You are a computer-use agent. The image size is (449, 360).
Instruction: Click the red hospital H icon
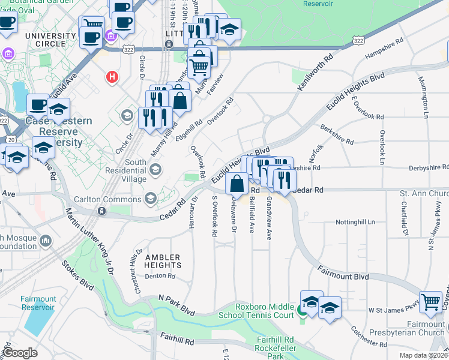pyautogui.click(x=111, y=76)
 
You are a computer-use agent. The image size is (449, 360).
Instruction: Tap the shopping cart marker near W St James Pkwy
pyautogui.click(x=430, y=302)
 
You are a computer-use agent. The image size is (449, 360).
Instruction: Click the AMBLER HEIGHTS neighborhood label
pyautogui.click(x=163, y=261)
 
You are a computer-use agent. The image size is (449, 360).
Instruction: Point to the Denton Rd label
pyautogui.click(x=160, y=277)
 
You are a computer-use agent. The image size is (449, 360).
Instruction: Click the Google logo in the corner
pyautogui.click(x=20, y=353)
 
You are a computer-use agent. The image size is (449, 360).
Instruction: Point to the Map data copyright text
pyautogui.click(x=421, y=355)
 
